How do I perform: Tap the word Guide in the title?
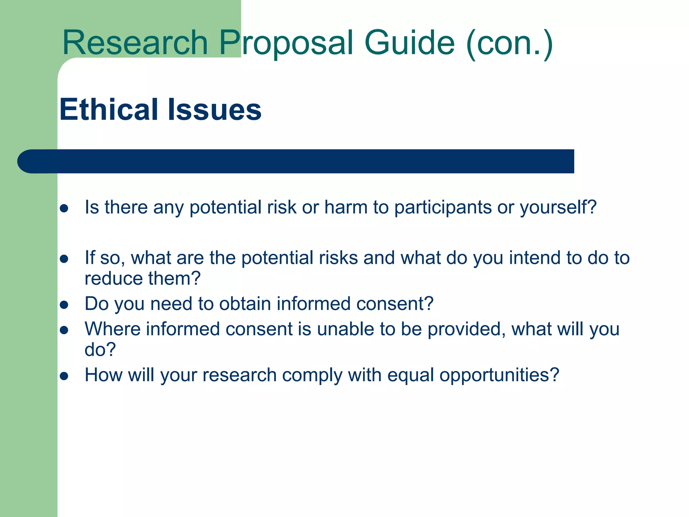[x=409, y=43]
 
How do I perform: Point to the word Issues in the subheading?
[x=214, y=109]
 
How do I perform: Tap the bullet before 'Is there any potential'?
[x=64, y=208]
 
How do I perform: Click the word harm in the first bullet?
[x=346, y=207]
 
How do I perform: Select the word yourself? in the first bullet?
[x=558, y=208]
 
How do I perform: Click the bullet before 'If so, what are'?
[x=64, y=259]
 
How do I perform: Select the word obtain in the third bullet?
[x=245, y=304]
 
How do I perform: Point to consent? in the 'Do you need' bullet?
[x=395, y=304]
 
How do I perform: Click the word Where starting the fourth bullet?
[x=112, y=329]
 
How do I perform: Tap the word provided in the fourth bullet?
[x=466, y=329]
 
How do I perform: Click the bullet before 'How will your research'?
[x=64, y=376]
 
